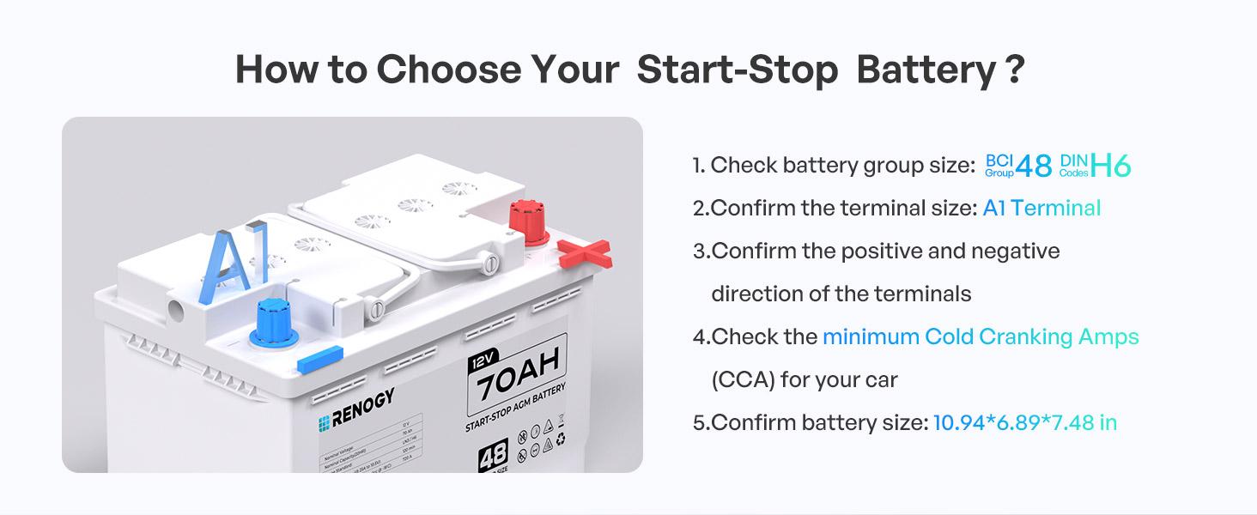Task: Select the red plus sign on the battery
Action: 584,253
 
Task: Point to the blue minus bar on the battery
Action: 320,359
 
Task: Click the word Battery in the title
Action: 925,70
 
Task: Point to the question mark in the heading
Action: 1014,70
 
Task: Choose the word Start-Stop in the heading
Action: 738,70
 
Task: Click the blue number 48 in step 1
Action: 1033,165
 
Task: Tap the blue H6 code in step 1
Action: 1110,165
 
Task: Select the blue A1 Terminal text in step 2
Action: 1041,208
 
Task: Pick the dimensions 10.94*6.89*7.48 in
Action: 1025,422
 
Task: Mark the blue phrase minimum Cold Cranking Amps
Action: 981,336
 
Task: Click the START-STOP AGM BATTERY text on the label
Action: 516,409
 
